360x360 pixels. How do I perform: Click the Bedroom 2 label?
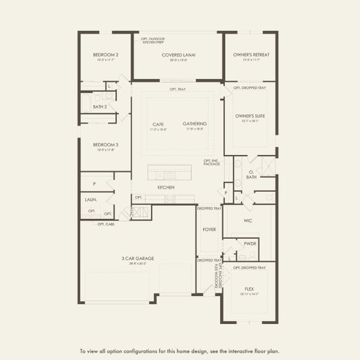click(x=106, y=55)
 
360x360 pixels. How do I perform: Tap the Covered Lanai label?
click(x=179, y=55)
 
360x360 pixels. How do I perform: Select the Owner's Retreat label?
click(x=251, y=55)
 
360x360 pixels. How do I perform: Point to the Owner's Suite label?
click(x=250, y=115)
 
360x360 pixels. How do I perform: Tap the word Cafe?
click(x=158, y=124)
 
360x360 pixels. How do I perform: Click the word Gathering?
click(x=195, y=124)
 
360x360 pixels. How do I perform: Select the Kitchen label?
click(x=166, y=188)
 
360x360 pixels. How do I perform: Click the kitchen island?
click(x=170, y=173)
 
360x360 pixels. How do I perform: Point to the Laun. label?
click(x=91, y=200)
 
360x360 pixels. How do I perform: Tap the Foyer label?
click(x=209, y=229)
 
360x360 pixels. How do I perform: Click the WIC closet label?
click(x=248, y=221)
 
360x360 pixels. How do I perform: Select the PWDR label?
click(x=250, y=244)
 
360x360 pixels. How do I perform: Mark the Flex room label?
click(x=250, y=289)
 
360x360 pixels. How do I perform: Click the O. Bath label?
click(x=251, y=175)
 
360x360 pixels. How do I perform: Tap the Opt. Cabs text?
click(x=106, y=224)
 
